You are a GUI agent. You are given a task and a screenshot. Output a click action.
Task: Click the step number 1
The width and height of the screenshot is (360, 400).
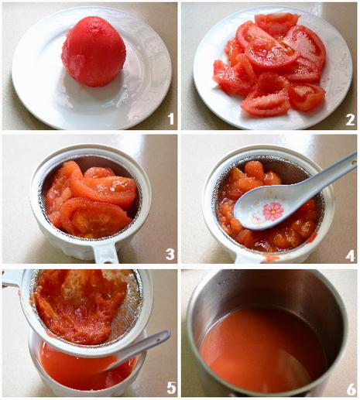(171, 119)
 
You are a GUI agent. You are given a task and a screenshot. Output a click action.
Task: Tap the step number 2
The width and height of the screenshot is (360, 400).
(350, 120)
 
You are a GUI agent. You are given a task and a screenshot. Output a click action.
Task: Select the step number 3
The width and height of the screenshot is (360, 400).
(170, 254)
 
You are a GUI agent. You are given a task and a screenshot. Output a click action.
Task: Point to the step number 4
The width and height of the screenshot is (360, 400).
(350, 255)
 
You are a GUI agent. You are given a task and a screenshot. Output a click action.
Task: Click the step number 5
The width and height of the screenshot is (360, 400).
(171, 387)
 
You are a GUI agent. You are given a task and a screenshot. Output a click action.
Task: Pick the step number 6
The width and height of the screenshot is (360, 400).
(351, 389)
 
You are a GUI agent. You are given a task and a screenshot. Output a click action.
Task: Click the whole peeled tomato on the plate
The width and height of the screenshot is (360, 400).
(94, 51)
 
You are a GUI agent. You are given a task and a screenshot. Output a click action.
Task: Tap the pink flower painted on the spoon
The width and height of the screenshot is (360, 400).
(273, 211)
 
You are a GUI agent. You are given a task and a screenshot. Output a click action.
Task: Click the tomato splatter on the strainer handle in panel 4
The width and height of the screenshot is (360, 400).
(269, 258)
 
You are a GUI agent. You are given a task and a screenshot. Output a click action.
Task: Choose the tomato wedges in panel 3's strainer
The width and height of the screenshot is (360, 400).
(91, 199)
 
